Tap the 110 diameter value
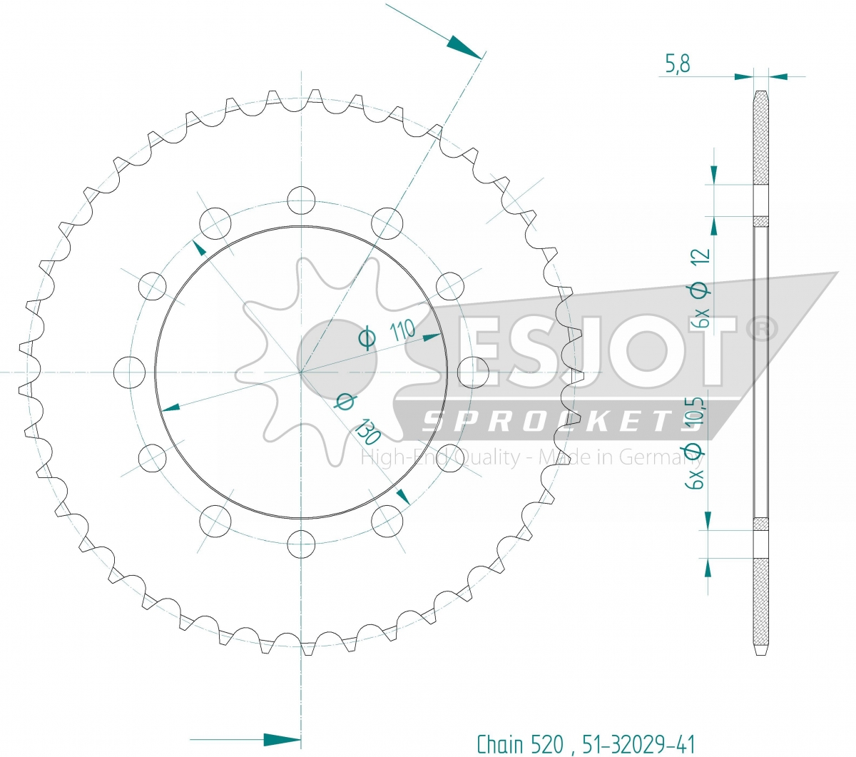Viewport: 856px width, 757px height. point(402,330)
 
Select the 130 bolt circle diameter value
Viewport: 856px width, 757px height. point(367,432)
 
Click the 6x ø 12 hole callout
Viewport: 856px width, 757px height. point(702,288)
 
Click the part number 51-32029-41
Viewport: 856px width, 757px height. point(638,744)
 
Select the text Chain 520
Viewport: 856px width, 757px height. point(520,744)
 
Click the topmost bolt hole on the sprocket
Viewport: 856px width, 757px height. point(301,200)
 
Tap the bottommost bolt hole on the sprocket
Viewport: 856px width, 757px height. point(301,544)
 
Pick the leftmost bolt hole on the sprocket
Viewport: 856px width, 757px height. point(129,372)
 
